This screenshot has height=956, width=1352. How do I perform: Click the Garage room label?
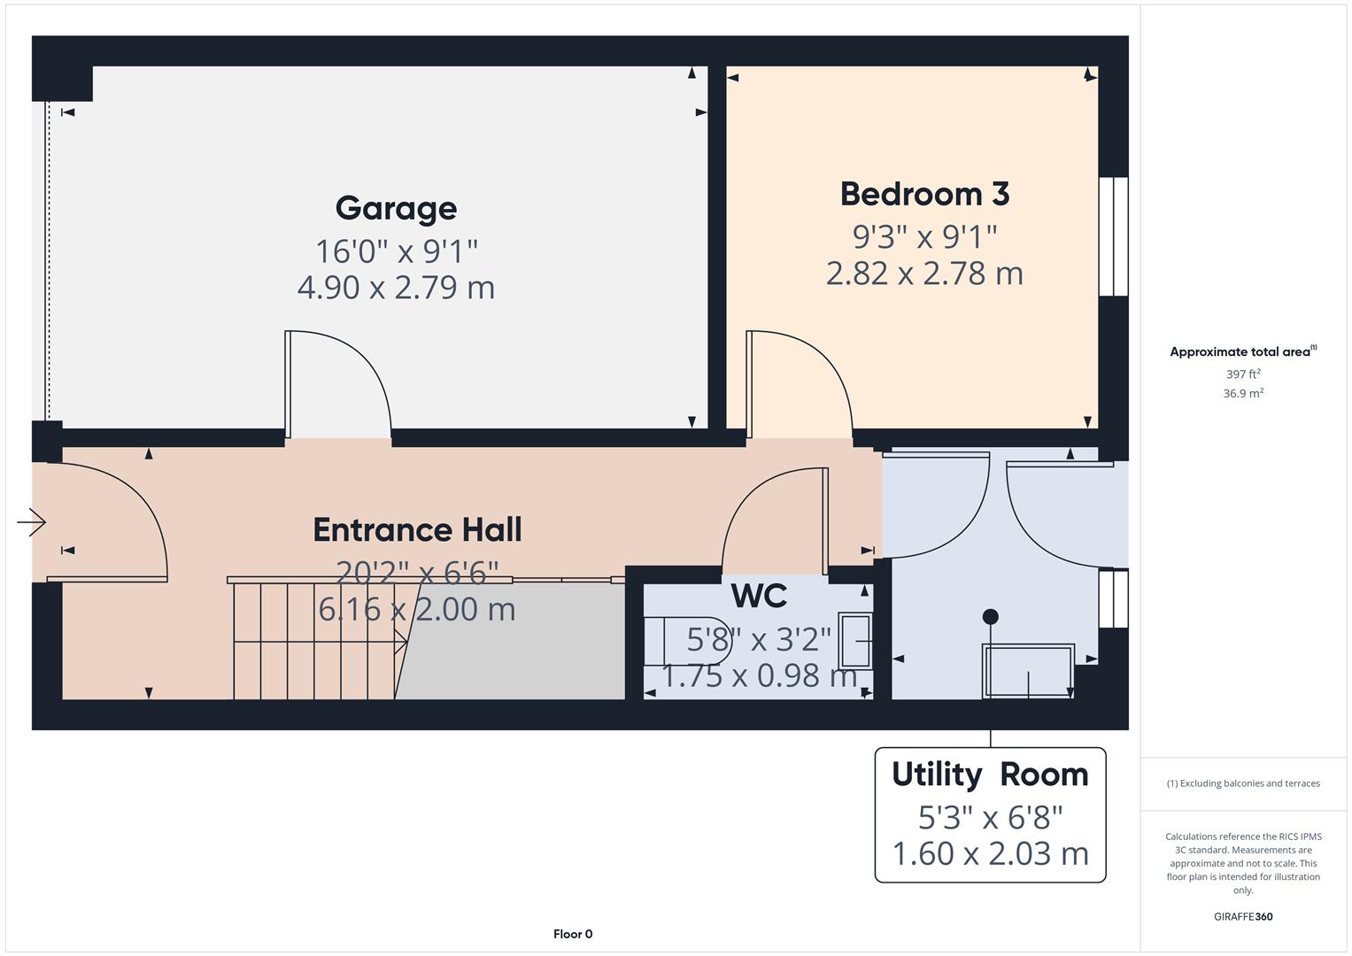click(x=396, y=208)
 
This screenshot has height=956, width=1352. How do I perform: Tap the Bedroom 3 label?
click(x=924, y=194)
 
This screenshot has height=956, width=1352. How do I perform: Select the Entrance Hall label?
click(x=417, y=529)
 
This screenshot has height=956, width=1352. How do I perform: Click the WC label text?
click(x=759, y=596)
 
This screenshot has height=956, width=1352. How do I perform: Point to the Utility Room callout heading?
click(x=990, y=774)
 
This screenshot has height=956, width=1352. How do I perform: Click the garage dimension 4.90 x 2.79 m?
click(x=396, y=288)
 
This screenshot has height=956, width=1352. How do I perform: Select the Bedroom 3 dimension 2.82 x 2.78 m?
click(x=924, y=274)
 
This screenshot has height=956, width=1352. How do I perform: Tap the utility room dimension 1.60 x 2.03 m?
click(x=990, y=853)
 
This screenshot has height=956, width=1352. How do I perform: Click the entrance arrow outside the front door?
click(x=32, y=522)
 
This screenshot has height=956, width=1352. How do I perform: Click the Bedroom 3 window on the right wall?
click(x=1113, y=236)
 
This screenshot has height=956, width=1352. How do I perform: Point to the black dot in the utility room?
click(x=990, y=616)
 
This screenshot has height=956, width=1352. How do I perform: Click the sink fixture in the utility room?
click(x=1028, y=671)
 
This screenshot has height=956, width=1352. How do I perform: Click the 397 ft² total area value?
click(x=1242, y=374)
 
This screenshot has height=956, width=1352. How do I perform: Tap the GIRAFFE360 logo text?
click(x=1242, y=916)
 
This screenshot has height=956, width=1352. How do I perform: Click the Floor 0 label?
click(x=572, y=934)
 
